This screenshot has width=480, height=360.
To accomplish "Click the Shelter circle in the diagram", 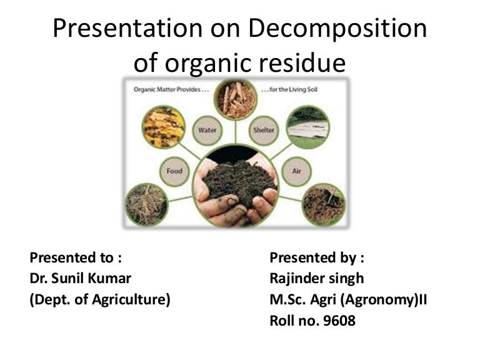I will click(262, 130).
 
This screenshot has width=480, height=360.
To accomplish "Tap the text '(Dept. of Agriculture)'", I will click(100, 299).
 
